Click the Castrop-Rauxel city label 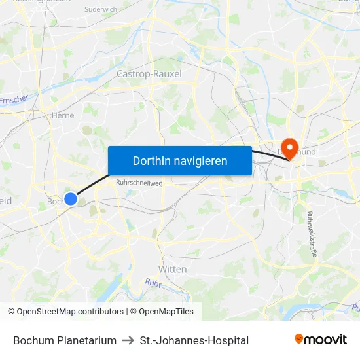pos(149,74)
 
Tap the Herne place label pos(62,115)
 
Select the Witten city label pos(172,269)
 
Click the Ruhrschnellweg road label pos(139,184)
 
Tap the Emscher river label pos(14,101)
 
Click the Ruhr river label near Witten pos(153,283)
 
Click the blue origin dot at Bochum pos(71,198)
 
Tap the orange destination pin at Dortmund pos(288,147)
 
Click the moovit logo pos(320,340)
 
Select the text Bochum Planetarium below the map pos(65,340)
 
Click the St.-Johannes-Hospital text pos(194,340)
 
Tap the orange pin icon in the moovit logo pos(299,339)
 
